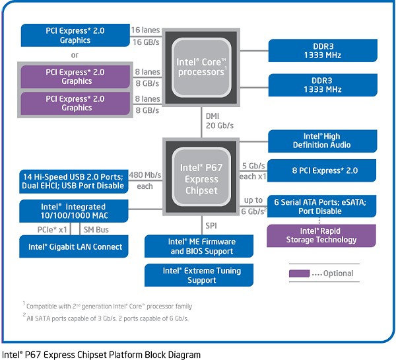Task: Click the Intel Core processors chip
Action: pyautogui.click(x=201, y=67)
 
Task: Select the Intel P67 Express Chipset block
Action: pyautogui.click(x=201, y=176)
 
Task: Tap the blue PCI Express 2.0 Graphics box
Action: pyautogui.click(x=75, y=36)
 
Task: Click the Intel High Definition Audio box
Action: pyautogui.click(x=323, y=141)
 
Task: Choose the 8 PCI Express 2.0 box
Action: pyautogui.click(x=322, y=170)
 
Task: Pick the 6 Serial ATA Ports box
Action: pyautogui.click(x=322, y=206)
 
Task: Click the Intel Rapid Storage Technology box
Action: pyautogui.click(x=321, y=236)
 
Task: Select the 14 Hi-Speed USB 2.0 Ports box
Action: pyautogui.click(x=74, y=182)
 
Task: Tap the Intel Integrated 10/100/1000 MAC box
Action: pyautogui.click(x=74, y=211)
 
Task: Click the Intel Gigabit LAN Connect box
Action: pyautogui.click(x=74, y=246)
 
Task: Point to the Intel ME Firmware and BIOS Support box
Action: pyautogui.click(x=199, y=246)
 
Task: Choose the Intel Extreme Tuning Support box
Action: pyautogui.click(x=199, y=275)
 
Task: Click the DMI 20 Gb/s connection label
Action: pyautogui.click(x=220, y=121)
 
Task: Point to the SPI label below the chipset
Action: pyautogui.click(x=211, y=225)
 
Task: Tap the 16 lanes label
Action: pyautogui.click(x=145, y=30)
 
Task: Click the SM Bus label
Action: pyautogui.click(x=96, y=230)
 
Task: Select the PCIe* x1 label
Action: pyautogui.click(x=52, y=230)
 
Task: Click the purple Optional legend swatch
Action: pyautogui.click(x=299, y=273)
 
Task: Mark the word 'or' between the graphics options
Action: pyautogui.click(x=75, y=55)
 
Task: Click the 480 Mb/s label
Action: pyautogui.click(x=145, y=174)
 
